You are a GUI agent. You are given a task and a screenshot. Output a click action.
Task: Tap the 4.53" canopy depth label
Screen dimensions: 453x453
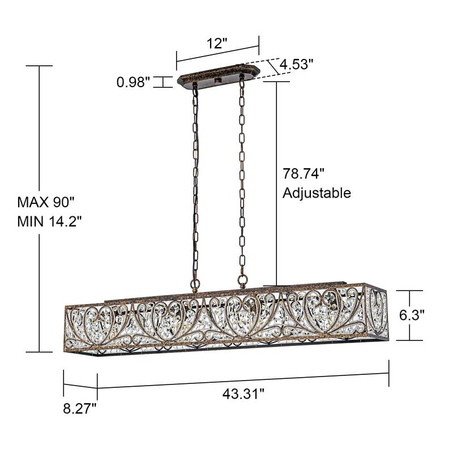[x=295, y=65]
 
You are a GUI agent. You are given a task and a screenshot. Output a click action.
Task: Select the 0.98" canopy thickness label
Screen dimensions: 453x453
[x=134, y=83]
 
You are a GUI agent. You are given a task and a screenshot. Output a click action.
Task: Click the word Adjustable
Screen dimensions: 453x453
[x=317, y=193]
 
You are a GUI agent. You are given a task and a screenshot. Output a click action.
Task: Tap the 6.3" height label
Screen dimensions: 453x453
[x=412, y=315]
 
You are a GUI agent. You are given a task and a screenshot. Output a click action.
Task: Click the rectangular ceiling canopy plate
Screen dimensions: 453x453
[x=218, y=78]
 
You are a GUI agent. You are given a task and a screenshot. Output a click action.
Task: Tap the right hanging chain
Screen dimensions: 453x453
[x=242, y=181]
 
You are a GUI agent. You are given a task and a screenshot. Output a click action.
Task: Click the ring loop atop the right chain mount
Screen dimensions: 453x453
[x=243, y=280]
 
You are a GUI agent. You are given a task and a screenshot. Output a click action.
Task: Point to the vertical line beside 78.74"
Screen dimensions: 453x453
[x=276, y=181]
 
